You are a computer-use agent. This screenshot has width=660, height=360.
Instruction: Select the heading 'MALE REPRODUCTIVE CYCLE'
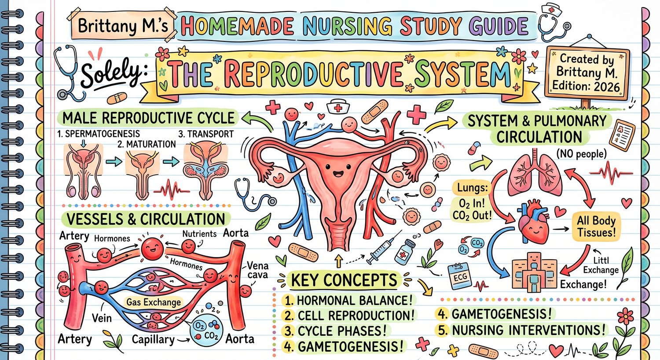[x=149, y=118]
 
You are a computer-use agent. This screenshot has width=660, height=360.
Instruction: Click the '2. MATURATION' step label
[x=147, y=144]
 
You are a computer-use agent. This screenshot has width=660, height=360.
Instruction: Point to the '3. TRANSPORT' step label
[x=206, y=134]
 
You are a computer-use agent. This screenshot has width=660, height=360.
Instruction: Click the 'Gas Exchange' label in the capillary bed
[x=154, y=302]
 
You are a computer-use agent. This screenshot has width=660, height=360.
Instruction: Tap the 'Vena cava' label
[x=257, y=270]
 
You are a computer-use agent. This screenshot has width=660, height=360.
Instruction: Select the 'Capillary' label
[x=153, y=340]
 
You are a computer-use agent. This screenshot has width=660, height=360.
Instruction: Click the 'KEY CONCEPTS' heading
[x=344, y=280]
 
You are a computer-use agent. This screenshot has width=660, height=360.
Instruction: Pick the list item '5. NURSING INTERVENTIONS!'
[x=521, y=330]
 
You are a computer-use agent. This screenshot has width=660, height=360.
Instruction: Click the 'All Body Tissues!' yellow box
[x=596, y=226]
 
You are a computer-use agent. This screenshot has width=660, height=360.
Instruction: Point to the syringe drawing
[x=381, y=251]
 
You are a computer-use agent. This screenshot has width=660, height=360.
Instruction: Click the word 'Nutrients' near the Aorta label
[x=199, y=234]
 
